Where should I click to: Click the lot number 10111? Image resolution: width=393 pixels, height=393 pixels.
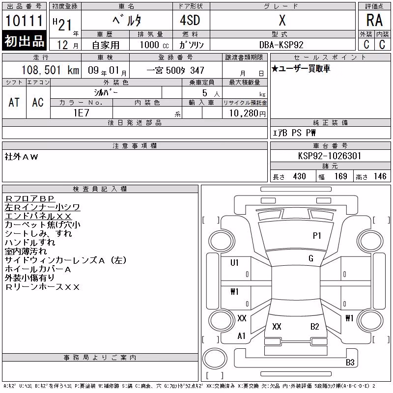click(24, 21)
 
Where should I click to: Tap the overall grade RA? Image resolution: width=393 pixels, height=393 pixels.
click(374, 20)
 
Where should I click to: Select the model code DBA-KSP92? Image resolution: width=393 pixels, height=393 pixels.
click(281, 45)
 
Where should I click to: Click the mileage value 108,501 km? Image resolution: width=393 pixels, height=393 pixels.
click(50, 70)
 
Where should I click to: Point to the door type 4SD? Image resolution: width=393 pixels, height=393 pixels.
click(190, 20)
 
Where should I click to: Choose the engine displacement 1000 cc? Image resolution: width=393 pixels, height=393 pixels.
click(154, 45)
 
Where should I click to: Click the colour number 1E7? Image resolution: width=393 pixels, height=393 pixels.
click(81, 113)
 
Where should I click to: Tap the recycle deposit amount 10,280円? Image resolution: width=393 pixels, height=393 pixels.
click(247, 113)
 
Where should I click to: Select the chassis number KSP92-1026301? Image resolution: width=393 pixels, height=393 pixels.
click(330, 156)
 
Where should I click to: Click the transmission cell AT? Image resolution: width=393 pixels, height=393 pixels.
click(14, 102)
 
